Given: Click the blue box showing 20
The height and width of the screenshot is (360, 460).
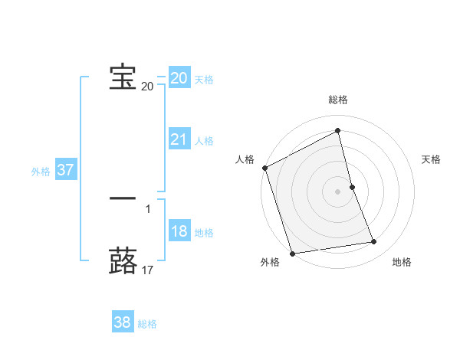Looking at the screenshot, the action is point(179,78).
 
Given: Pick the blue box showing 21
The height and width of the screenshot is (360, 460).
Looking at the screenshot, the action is point(179,139).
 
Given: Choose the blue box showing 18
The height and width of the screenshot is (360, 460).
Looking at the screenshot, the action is point(179,231).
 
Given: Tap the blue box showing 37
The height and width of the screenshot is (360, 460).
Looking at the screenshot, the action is point(65,170).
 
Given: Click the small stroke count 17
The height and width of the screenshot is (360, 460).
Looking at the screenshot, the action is point(148,270).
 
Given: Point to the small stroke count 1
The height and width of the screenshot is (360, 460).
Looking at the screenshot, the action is point(148,208).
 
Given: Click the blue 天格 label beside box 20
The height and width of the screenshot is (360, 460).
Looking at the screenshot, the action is point(204,80).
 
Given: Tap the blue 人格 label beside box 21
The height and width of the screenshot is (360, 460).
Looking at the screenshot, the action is point(204,141).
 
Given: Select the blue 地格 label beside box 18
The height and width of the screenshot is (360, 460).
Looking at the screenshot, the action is point(204,233).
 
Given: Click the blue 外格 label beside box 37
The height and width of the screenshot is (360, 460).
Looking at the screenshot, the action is point(41,172).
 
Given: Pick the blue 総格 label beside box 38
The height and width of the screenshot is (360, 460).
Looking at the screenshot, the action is point(147,324).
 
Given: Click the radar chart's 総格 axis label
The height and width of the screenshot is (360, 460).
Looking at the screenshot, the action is point(338,100).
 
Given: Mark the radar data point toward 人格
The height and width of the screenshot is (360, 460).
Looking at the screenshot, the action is point(264,168).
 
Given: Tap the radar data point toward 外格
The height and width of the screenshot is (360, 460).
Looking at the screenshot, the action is point(292,254).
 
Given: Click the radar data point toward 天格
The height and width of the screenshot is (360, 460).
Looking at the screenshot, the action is point(352,187).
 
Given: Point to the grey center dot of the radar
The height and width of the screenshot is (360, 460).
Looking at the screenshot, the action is point(338,191).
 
